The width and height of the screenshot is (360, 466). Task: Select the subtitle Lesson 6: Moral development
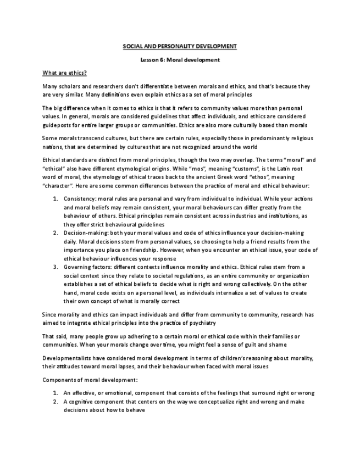(x=180, y=59)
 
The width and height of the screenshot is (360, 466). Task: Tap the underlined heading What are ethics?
(x=64, y=73)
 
